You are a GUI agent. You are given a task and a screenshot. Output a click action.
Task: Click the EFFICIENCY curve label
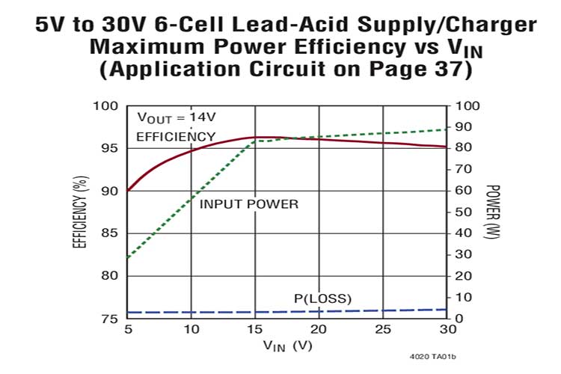point(176,136)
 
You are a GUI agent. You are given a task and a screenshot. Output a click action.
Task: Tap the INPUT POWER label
point(249,203)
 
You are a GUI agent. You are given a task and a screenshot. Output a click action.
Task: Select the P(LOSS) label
point(322,300)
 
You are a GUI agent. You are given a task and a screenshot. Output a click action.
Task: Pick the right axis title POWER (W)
point(492,212)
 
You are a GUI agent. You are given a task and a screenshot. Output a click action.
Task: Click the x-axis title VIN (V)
point(288,346)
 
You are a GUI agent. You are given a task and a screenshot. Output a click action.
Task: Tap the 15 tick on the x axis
point(255,329)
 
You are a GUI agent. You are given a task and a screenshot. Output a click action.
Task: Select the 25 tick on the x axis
point(383,329)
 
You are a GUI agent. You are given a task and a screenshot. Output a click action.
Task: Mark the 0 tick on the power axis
point(459,319)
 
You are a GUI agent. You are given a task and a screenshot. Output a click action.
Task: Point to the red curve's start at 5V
point(129,191)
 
